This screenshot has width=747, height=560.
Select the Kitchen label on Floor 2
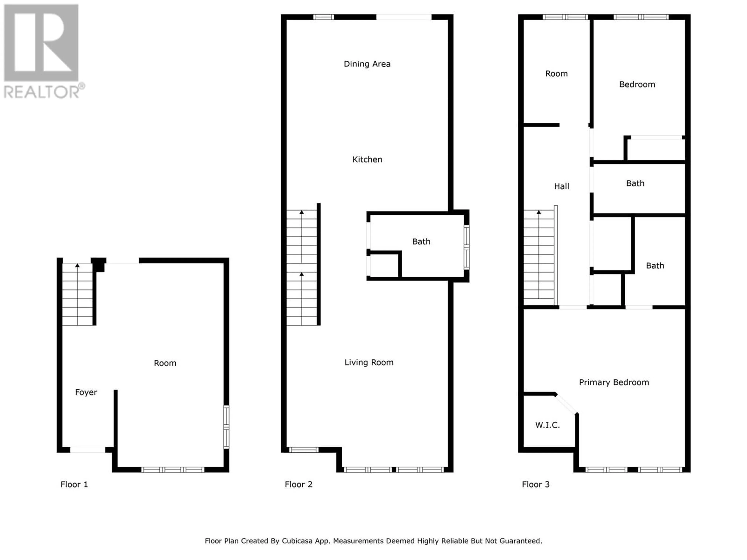[367, 159]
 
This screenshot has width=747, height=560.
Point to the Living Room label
[369, 362]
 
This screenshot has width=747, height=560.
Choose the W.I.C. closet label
[547, 425]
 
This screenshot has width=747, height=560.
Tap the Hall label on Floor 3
[562, 186]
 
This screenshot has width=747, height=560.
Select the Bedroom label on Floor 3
[637, 84]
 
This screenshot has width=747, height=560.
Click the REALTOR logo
[44, 52]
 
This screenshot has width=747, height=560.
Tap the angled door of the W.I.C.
[566, 404]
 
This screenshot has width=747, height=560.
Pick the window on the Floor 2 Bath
[466, 247]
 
